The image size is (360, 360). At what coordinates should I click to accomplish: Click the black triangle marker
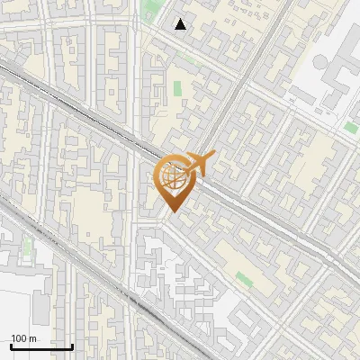click(181, 24)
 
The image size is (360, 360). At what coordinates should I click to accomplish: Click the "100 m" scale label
click(24, 338)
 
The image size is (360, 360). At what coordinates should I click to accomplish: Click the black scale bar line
click(41, 346)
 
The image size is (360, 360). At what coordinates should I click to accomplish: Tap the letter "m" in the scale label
click(33, 338)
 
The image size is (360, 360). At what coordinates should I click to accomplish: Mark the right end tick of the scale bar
click(72, 345)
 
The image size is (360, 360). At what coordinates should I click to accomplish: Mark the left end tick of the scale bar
click(11, 345)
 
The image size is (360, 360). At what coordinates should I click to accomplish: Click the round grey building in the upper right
click(320, 63)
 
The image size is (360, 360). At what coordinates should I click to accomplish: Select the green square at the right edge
click(350, 128)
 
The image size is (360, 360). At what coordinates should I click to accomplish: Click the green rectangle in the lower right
click(244, 279)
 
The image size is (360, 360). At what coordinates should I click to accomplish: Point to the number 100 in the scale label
click(19, 338)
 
